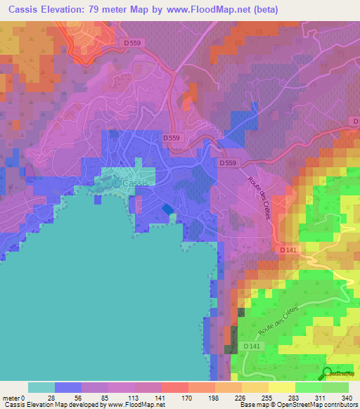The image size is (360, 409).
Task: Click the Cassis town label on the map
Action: pyautogui.click(x=136, y=183)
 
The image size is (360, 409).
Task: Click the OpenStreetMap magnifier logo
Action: pyautogui.click(x=328, y=374)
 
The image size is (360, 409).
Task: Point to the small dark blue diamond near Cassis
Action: pyautogui.click(x=167, y=209)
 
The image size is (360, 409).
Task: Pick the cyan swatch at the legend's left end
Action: pyautogui.click(x=41, y=387)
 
